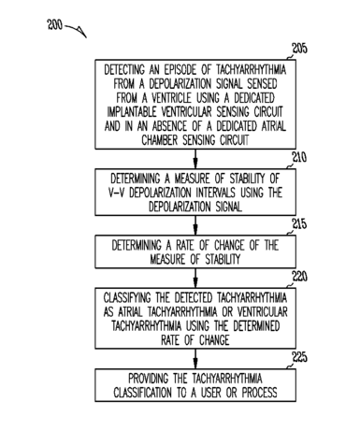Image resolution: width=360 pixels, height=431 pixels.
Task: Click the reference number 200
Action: tap(54, 25)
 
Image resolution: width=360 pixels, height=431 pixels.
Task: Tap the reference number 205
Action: tap(299, 49)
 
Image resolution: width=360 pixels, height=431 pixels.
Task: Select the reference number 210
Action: tap(299, 157)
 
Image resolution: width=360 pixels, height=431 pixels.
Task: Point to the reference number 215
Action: tap(299, 224)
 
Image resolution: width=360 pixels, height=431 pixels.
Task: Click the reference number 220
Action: tap(299, 277)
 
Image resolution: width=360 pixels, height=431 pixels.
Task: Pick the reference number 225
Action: tap(299, 357)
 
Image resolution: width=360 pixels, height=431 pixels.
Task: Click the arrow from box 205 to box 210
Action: tap(195, 159)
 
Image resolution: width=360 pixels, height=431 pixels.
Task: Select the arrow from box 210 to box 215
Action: tap(195, 225)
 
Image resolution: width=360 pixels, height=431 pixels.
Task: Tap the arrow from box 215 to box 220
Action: tap(195, 278)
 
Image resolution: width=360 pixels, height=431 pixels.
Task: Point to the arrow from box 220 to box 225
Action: tap(195, 359)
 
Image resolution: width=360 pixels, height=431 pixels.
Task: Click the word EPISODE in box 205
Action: tap(180, 69)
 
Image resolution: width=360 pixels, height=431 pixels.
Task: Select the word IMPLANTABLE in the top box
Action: tap(132, 112)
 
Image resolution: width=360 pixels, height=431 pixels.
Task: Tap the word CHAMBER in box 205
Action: tap(160, 140)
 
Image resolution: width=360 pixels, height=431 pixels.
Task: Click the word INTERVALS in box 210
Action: tap(216, 193)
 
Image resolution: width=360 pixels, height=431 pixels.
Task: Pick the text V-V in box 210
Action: tap(116, 193)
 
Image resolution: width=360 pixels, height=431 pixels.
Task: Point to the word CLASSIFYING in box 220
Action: tap(127, 298)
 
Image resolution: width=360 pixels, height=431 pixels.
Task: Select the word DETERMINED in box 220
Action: tap(256, 326)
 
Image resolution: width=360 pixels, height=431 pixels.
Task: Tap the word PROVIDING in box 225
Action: tap(149, 379)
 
